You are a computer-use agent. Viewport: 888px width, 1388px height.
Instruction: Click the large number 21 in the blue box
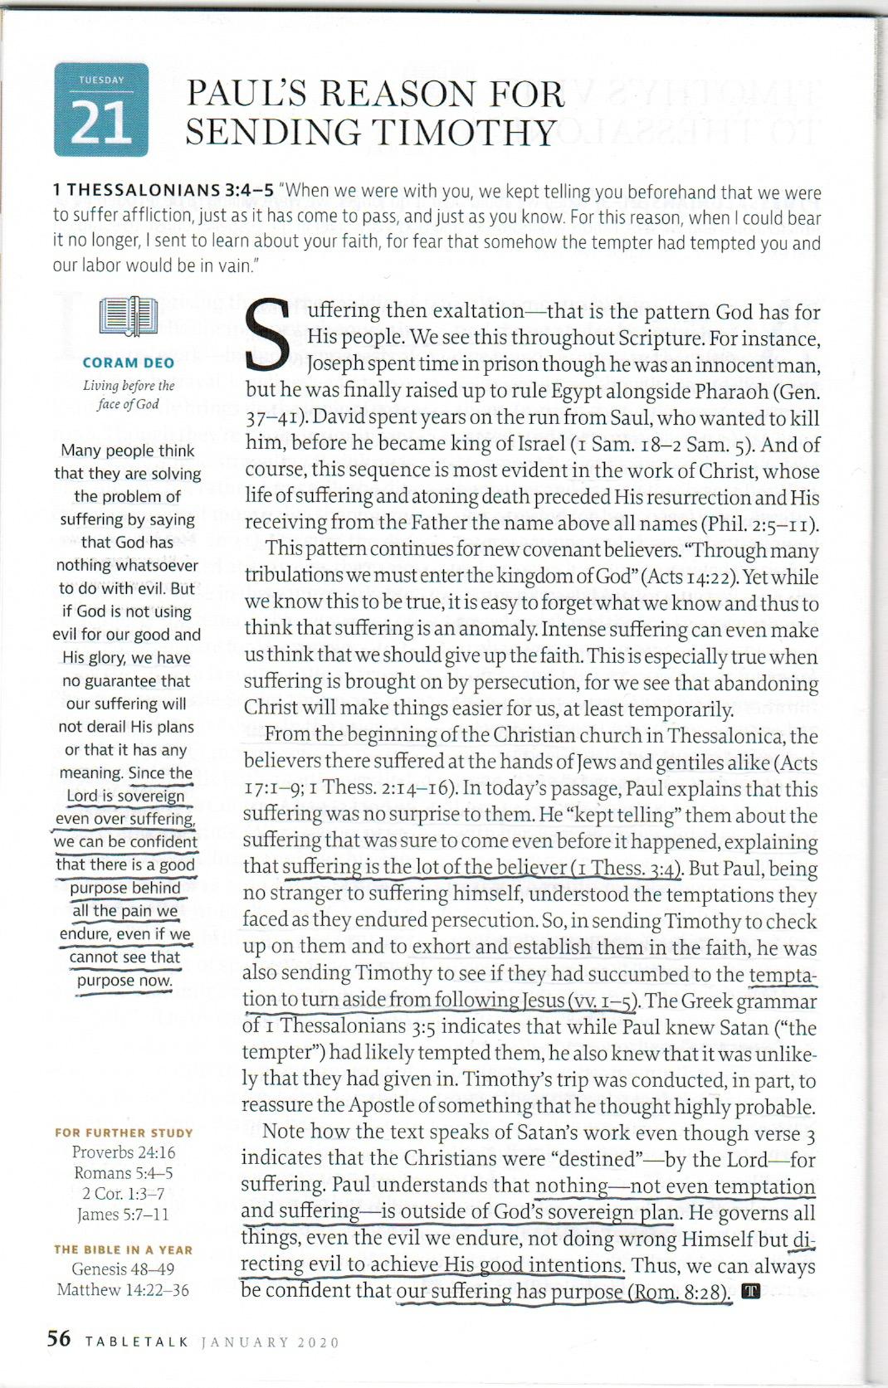[101, 122]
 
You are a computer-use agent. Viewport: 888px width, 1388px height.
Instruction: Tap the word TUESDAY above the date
[101, 80]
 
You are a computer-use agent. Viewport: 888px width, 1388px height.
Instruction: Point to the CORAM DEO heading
[129, 363]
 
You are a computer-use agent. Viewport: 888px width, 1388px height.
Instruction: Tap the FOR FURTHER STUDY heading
[124, 1132]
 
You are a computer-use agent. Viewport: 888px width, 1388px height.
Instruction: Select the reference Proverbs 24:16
[124, 1152]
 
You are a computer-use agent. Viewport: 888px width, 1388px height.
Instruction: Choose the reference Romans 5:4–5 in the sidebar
[124, 1173]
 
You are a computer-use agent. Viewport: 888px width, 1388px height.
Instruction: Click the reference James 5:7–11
[124, 1215]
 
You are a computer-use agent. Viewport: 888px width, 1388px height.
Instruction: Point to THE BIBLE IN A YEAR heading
[124, 1249]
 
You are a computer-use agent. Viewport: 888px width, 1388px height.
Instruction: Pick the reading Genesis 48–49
[124, 1269]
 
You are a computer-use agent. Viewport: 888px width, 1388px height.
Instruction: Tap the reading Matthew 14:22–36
[124, 1290]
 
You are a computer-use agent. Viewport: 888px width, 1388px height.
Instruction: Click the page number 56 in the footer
[59, 1338]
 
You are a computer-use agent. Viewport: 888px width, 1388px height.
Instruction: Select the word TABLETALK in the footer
[137, 1342]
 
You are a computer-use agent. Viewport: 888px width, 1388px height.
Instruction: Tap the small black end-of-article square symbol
[750, 1291]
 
